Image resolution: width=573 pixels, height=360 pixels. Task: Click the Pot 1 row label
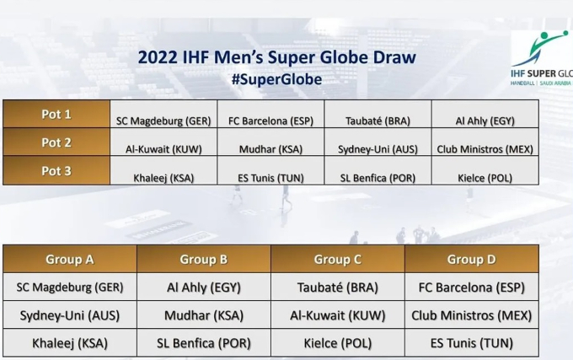tap(56, 115)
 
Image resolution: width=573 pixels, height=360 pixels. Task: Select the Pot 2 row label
tap(56, 142)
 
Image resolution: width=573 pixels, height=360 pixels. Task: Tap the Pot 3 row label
tap(56, 171)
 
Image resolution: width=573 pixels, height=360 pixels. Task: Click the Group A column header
tap(70, 260)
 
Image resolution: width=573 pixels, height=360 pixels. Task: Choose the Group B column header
tap(204, 260)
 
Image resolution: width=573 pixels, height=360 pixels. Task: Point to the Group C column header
tap(338, 260)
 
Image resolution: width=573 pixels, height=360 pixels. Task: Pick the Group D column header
tap(471, 260)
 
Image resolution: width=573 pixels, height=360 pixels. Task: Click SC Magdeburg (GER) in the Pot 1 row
tap(163, 121)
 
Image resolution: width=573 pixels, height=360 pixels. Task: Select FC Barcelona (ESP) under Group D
tap(471, 287)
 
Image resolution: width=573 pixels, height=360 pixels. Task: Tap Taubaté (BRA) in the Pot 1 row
tap(378, 121)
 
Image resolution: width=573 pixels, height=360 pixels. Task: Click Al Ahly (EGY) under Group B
tap(204, 287)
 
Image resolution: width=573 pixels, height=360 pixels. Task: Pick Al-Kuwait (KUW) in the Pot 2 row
tap(163, 149)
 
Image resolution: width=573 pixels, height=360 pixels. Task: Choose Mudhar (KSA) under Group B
tap(204, 315)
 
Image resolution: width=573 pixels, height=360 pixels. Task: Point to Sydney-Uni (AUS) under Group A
tap(70, 315)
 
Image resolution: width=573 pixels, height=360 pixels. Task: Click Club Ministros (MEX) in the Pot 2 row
tap(485, 149)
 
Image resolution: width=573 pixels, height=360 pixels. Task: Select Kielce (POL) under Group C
tap(338, 343)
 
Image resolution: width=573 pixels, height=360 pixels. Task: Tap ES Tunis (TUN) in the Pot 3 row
tap(270, 178)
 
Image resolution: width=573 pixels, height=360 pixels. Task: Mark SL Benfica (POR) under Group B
tap(204, 343)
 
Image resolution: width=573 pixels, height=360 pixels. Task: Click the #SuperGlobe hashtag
tap(276, 79)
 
